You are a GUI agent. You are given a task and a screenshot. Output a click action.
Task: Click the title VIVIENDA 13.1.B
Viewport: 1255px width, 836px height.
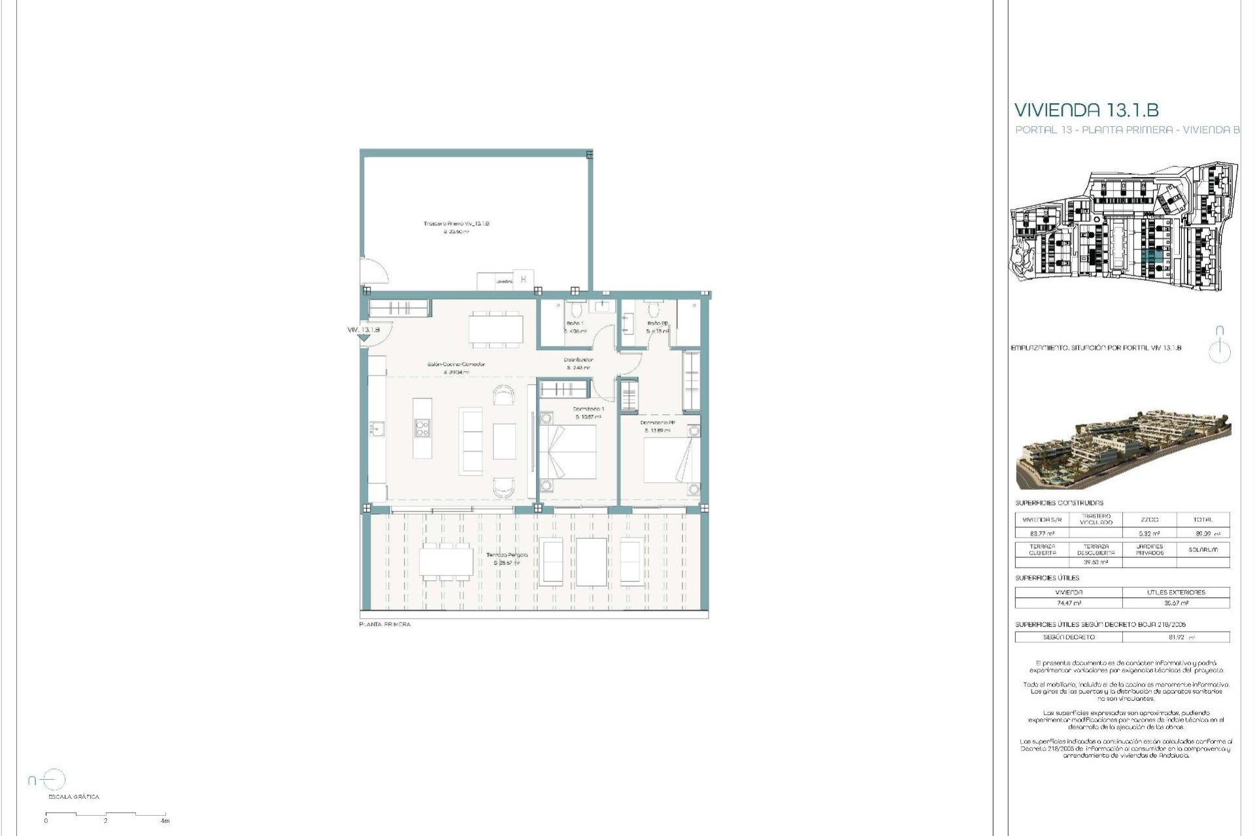click(x=1086, y=110)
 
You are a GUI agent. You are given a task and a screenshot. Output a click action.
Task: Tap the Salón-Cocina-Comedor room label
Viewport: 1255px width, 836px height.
click(x=456, y=364)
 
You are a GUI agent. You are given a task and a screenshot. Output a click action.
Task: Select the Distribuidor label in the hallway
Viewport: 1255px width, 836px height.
click(x=578, y=360)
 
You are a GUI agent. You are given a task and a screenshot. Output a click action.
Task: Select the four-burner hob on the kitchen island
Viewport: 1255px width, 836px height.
click(x=422, y=428)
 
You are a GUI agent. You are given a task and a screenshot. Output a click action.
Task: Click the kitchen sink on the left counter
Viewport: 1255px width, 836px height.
click(x=378, y=428)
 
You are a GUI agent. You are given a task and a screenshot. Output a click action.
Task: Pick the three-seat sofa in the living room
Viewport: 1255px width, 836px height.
click(x=471, y=440)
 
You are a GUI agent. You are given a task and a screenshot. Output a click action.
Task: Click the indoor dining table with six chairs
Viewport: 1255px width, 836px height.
click(x=495, y=329)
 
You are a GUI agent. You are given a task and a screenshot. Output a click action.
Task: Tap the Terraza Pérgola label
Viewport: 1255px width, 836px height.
click(x=507, y=555)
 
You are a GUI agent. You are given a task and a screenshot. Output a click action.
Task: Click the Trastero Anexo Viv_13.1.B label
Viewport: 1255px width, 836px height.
click(x=456, y=223)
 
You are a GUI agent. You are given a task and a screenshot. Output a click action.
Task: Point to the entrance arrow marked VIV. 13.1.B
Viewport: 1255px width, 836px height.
click(x=363, y=337)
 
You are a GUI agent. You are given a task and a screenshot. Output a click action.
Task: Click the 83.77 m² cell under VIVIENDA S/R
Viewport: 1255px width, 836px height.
click(x=1042, y=534)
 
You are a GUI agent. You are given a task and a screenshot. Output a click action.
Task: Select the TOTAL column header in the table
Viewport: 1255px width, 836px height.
click(x=1203, y=520)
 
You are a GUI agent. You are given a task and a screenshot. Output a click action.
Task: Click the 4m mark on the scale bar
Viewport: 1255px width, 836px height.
click(x=165, y=820)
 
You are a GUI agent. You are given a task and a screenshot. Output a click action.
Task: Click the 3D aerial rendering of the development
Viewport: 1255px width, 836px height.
click(x=1123, y=450)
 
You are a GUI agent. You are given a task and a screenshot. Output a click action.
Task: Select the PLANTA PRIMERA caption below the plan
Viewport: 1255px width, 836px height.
click(x=385, y=624)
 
